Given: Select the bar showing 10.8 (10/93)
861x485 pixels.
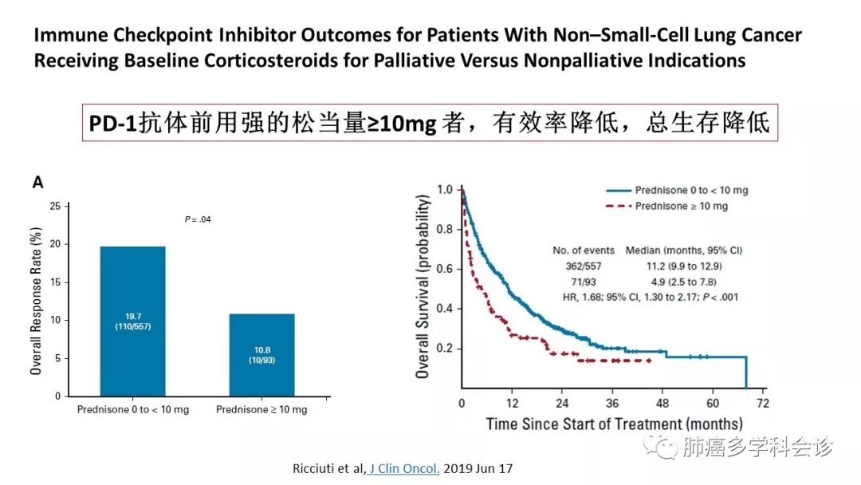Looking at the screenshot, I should point(261,354).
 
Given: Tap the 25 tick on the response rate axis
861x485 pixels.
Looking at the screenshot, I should point(55,207).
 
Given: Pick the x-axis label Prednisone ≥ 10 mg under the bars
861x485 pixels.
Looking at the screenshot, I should point(261,410).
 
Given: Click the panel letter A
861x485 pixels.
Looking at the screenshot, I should point(37,183).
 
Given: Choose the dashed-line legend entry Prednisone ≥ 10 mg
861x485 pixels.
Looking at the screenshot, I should point(681,206).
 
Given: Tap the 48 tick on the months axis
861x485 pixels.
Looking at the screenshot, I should point(663,402).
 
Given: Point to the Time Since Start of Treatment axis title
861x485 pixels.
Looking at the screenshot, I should point(614,424).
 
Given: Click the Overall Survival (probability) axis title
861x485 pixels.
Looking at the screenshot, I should point(424,286).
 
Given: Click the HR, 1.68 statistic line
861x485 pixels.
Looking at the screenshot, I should point(651,297).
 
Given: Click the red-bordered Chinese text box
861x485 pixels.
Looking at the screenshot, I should point(431,124).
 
